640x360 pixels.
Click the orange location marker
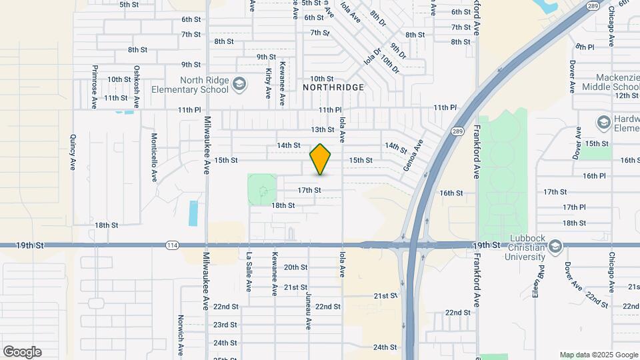[321, 160]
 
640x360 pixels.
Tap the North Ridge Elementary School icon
[239, 84]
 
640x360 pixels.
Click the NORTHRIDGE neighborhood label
[333, 87]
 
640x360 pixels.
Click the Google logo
[22, 352]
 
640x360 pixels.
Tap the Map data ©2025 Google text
[598, 355]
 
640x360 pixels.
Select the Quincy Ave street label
[73, 153]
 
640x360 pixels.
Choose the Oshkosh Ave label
[136, 87]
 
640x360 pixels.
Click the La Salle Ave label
[248, 272]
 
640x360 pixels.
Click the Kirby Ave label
[268, 83]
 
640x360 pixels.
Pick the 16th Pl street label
[593, 176]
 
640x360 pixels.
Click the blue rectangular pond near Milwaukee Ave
[193, 213]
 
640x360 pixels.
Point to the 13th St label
[322, 129]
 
